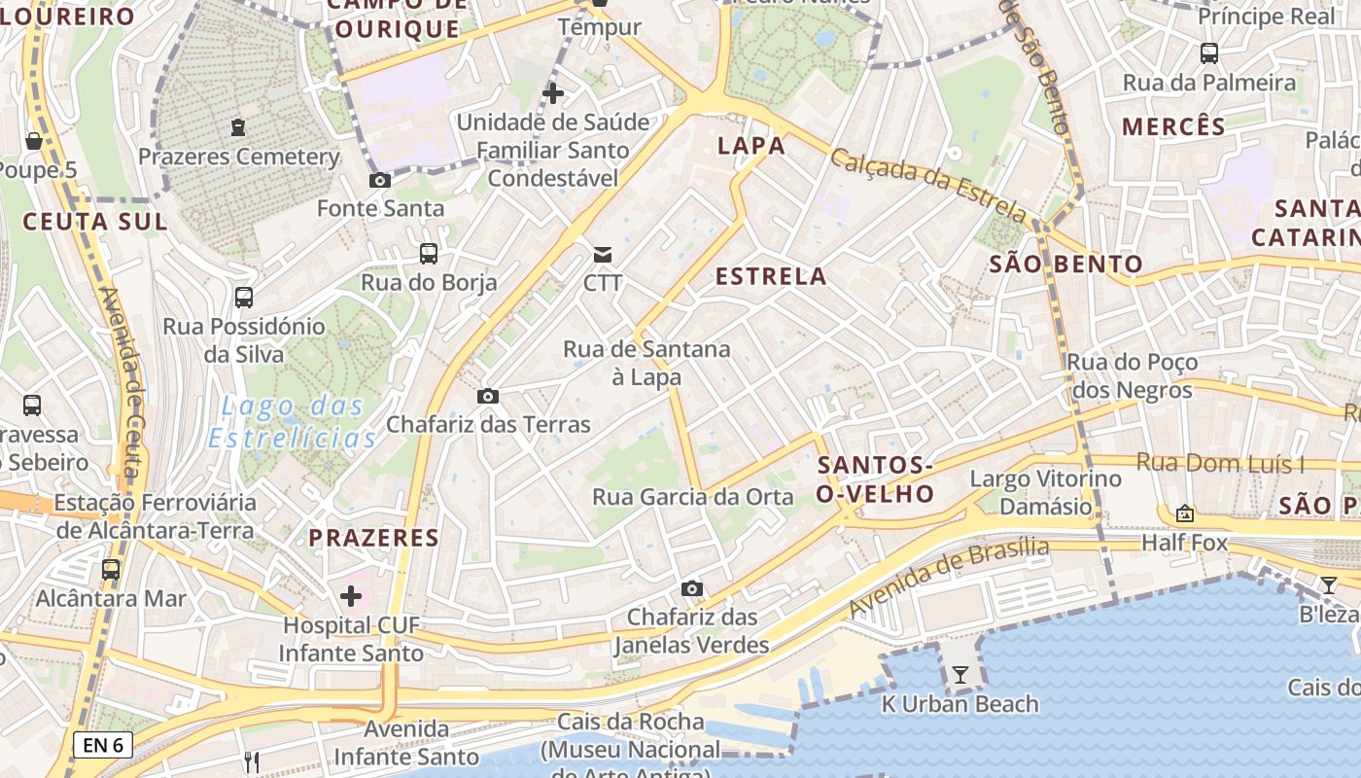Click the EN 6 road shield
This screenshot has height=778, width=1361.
point(103,746)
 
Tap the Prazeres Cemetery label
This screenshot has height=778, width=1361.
point(239,157)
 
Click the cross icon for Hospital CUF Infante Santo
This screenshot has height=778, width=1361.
point(351,595)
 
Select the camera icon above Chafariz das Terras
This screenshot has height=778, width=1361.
point(488,396)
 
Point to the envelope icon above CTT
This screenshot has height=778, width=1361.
point(603,255)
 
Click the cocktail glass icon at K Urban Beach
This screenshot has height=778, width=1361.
point(960,674)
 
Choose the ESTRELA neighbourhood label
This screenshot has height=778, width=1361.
point(771,276)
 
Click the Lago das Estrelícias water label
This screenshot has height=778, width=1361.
point(293,422)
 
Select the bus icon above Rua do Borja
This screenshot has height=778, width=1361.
point(429,254)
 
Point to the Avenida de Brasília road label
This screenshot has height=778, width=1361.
point(950,576)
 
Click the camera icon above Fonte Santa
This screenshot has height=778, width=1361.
point(380,180)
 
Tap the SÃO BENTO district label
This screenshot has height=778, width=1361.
point(1065,264)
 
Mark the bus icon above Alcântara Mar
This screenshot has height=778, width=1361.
point(111,569)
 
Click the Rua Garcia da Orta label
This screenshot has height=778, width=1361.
point(693,497)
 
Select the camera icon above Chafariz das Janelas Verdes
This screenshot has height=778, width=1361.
point(692,588)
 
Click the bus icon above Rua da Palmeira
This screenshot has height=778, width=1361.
point(1209,53)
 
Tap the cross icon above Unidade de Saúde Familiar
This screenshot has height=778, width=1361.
point(553,93)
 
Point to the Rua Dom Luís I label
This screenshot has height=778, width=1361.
point(1221,463)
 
